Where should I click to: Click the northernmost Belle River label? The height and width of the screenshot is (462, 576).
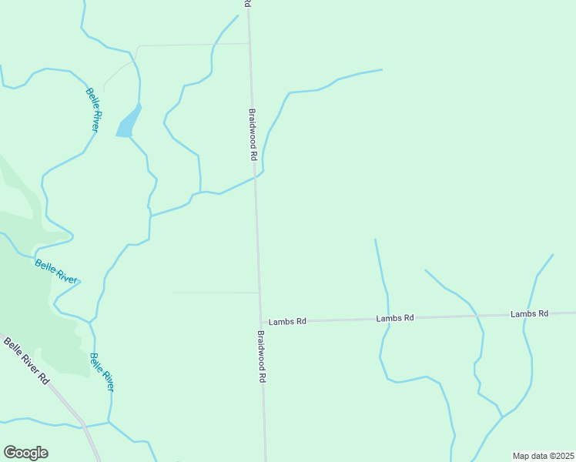coord(92,110)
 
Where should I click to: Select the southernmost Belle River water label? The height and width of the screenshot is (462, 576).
coord(102,372)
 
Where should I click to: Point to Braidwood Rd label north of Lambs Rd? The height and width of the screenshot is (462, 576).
coord(252,133)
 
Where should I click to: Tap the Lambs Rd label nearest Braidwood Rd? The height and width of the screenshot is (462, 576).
coord(287,321)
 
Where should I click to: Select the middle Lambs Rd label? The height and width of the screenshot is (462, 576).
coord(395,318)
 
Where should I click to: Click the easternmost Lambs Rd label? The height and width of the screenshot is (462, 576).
coord(529,314)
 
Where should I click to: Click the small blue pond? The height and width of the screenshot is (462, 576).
coord(129,123)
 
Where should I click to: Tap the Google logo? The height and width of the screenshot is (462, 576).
coord(25,453)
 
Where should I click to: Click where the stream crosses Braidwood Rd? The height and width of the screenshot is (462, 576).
coord(256,176)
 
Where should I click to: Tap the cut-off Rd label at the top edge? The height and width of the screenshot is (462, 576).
coord(247,4)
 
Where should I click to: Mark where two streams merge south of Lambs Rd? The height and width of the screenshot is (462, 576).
coord(502,417)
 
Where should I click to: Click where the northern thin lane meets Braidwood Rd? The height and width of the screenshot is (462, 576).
coord(249,44)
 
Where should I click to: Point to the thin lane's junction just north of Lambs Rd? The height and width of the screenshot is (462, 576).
coord(258,293)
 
